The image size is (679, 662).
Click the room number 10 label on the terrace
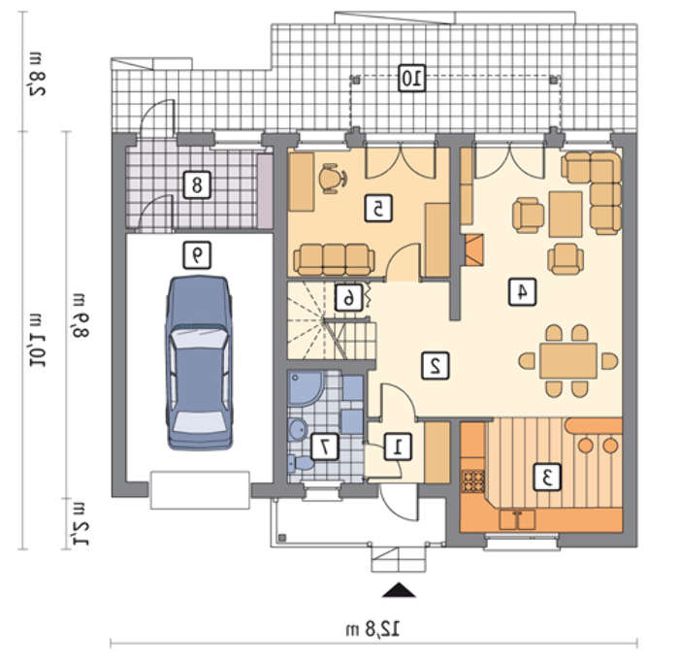coord(412,79)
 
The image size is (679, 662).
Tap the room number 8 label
coord(197,185)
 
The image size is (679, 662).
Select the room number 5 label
coord(378,209)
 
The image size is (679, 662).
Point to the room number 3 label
coord(547,477)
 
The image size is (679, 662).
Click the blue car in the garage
coord(199,363)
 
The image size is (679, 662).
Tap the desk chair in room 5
coord(332,178)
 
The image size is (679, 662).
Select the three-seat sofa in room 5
coord(334,259)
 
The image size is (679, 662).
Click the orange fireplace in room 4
coord(473,250)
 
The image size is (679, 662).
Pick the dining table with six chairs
coord(568,361)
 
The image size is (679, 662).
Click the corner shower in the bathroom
coord(306,387)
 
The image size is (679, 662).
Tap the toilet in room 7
coord(301,463)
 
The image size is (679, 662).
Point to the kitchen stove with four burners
coord(473,480)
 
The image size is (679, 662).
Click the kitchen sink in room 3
coord(517,519)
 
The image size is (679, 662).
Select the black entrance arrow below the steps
coord(399,590)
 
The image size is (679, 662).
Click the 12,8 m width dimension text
coord(372,630)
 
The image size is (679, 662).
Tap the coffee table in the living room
coord(566,215)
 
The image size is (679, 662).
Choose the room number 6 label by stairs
coord(348,297)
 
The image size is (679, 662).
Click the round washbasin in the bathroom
coord(299,429)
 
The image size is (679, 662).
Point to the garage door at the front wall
coord(200,490)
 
